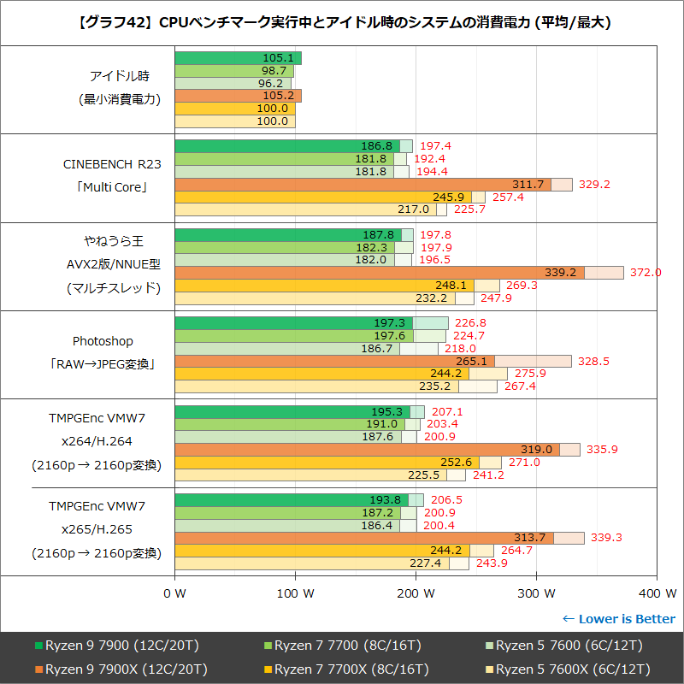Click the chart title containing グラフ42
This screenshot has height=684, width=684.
(342, 21)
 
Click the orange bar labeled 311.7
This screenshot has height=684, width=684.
(363, 185)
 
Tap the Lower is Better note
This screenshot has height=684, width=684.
(618, 619)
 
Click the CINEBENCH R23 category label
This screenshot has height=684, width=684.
(112, 163)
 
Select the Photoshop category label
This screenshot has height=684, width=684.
(103, 341)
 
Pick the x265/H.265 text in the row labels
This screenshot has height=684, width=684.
(96, 529)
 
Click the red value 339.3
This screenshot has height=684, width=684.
(605, 538)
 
